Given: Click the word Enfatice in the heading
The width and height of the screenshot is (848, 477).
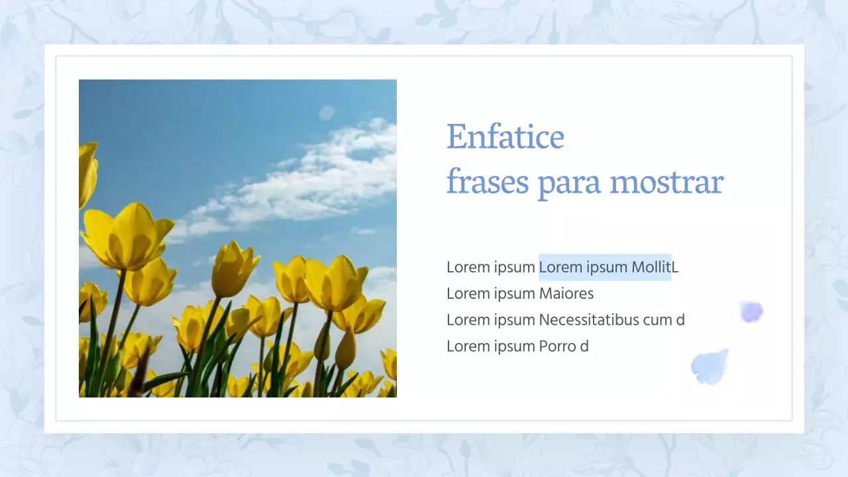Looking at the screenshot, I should click(505, 137).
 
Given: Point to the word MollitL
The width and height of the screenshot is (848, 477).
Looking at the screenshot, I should click(655, 267).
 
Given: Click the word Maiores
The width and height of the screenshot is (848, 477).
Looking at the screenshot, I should click(566, 293).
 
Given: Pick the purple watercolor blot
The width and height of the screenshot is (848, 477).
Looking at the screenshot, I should click(751, 311).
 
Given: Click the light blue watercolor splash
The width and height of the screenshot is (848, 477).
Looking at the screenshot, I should click(710, 366).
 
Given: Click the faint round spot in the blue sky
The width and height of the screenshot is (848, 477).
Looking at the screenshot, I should click(327, 113).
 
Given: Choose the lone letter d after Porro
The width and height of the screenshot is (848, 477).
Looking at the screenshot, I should click(584, 346).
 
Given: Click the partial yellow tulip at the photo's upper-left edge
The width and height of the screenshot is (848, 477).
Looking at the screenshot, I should click(87, 174).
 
